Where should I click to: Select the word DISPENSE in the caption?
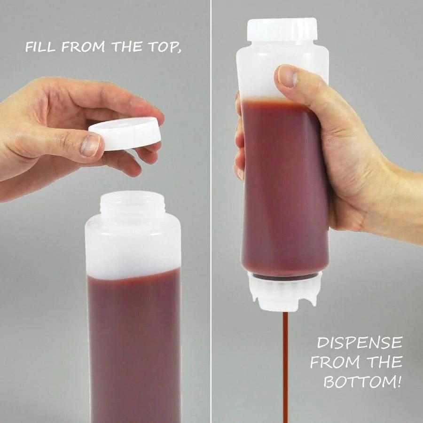pyautogui.click(x=360, y=343)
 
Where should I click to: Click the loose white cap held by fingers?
pyautogui.click(x=125, y=133)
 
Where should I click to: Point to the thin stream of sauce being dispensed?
pyautogui.click(x=285, y=367)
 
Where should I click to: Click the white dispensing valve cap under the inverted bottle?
pyautogui.click(x=285, y=291)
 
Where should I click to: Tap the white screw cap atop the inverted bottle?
pyautogui.click(x=282, y=29)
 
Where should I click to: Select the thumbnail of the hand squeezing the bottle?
pyautogui.click(x=287, y=76)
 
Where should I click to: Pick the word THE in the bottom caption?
pyautogui.click(x=385, y=362)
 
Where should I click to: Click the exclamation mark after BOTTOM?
pyautogui.click(x=399, y=381)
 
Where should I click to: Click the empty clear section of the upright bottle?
pyautogui.click(x=133, y=244)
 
